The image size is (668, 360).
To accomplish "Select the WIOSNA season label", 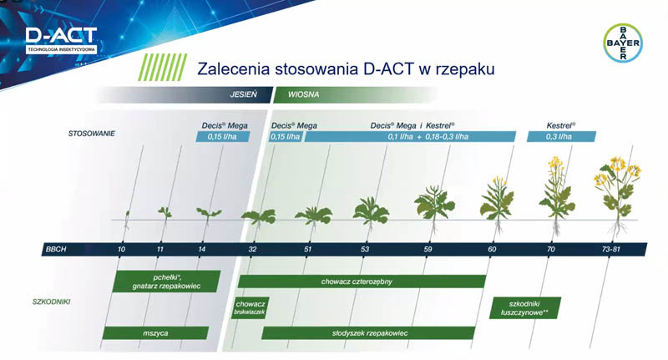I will tap(304, 94).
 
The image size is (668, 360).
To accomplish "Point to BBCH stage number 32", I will tap(252, 250).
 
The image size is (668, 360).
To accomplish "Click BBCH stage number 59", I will tap(428, 250).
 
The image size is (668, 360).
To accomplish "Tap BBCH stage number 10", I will tap(122, 250).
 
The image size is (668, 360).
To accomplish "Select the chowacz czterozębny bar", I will tap(362, 281).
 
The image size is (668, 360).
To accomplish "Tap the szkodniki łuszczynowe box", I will tap(524, 307).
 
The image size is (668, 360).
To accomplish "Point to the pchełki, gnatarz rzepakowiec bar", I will tap(166, 281).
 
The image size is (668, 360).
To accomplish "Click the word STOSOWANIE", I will tap(93, 133).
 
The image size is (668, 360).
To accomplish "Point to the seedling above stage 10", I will tap(126, 219).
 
